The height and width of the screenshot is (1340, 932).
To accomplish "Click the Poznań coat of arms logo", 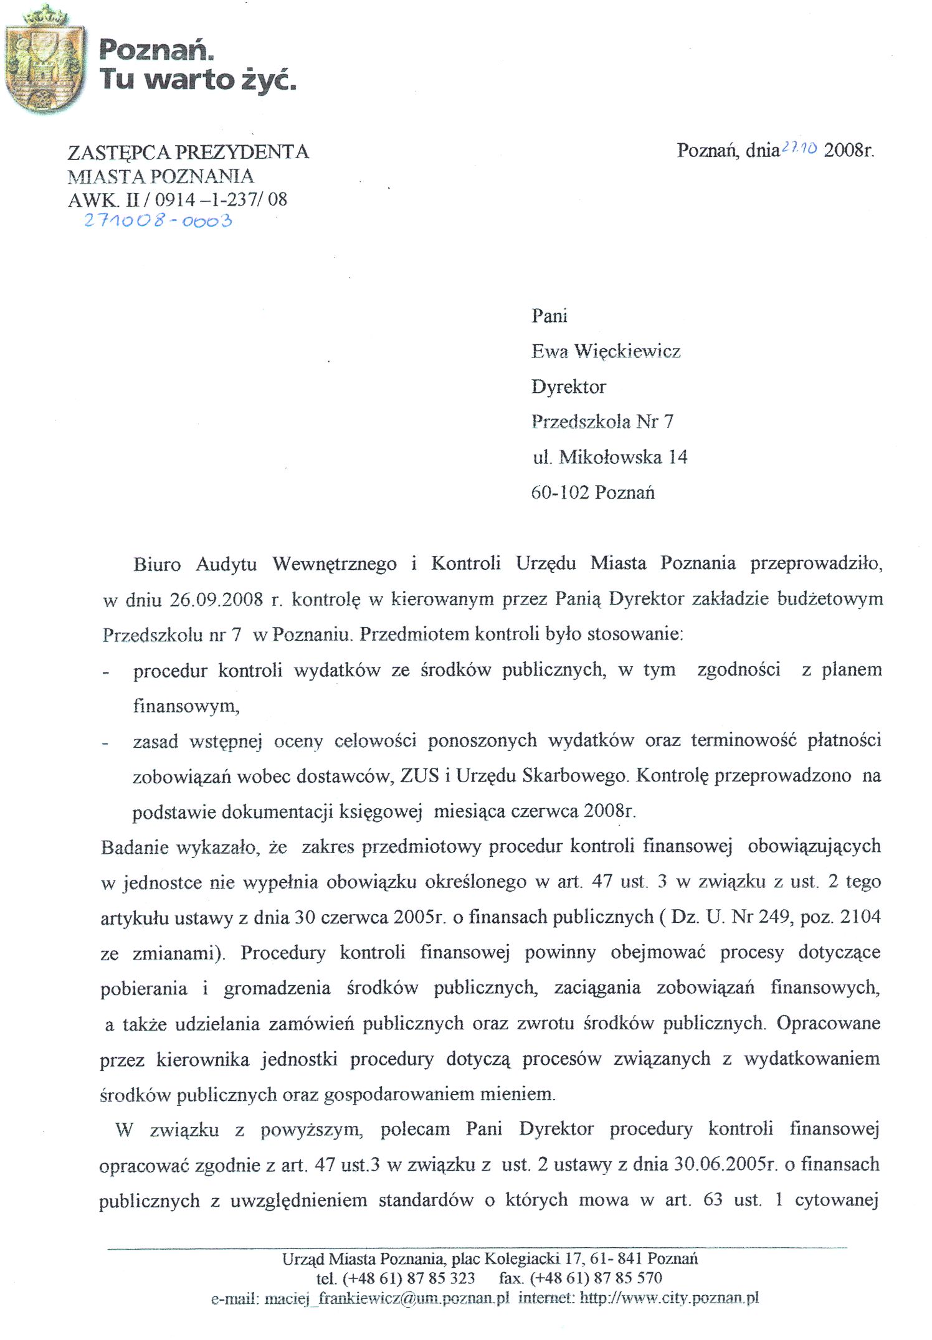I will [45, 61].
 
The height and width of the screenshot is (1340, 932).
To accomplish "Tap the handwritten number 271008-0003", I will [158, 220].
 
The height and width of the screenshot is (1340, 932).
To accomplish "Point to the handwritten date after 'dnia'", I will [799, 148].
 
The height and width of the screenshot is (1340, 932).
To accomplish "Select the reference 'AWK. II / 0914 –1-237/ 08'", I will [178, 199].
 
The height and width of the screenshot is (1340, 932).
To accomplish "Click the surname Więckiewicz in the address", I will [627, 351].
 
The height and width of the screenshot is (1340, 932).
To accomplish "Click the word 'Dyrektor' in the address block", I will [568, 387].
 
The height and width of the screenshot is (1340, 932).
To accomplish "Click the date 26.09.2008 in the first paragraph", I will [216, 600].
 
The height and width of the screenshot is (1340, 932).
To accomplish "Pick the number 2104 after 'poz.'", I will [860, 917].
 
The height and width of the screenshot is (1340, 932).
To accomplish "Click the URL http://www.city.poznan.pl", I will [669, 1299].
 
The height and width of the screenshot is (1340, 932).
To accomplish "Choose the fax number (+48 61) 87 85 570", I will [596, 1278].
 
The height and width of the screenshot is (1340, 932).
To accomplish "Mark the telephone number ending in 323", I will [409, 1278].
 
